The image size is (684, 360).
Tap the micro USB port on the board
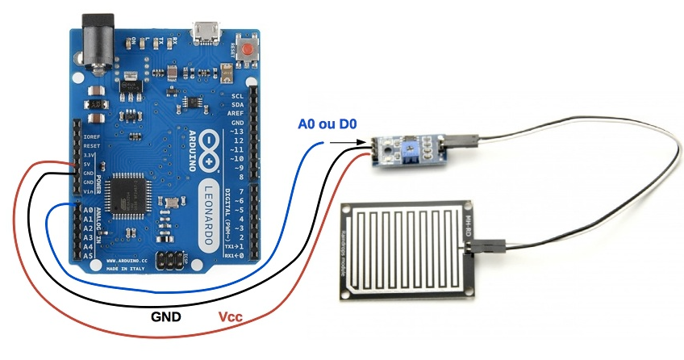(x=205, y=33)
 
